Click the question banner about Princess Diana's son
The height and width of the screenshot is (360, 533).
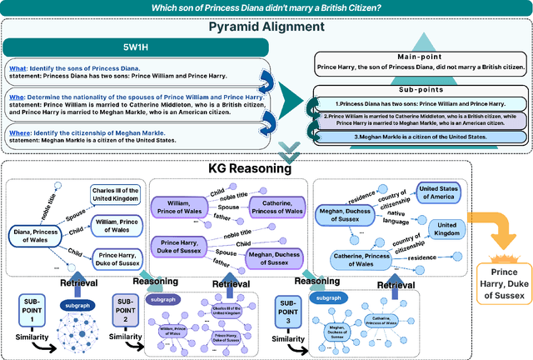pyautogui.click(x=266, y=8)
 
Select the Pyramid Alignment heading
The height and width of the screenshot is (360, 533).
pyautogui.click(x=266, y=27)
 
